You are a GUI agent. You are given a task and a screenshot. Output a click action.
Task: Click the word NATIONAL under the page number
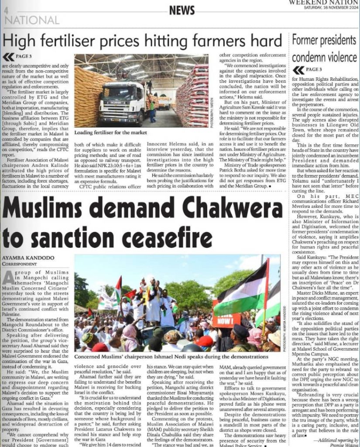[x=33, y=20]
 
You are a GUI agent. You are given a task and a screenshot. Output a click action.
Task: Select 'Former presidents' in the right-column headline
[x=324, y=41]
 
